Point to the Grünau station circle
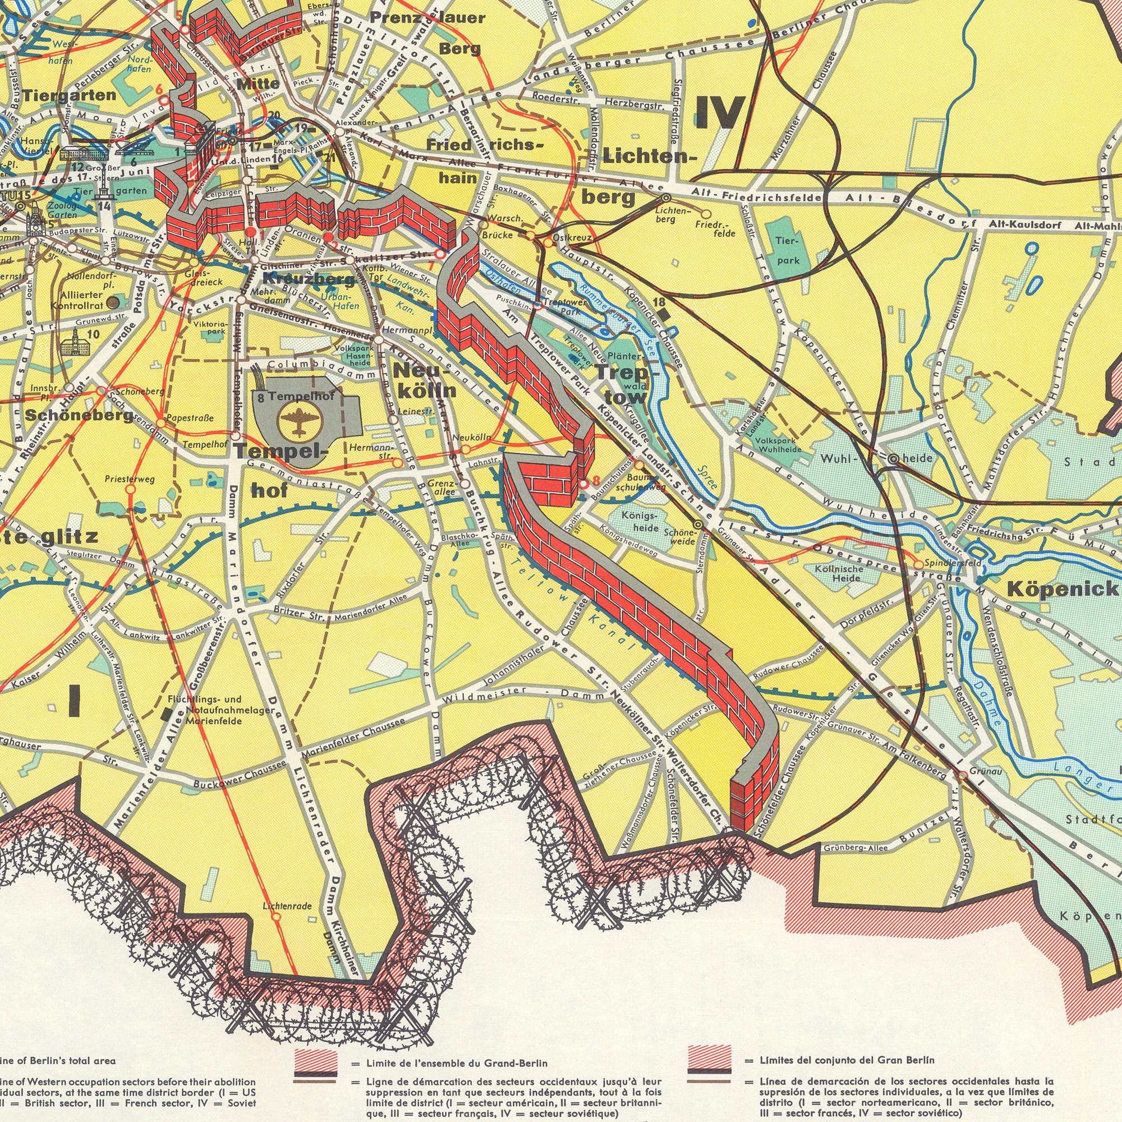tap(962, 775)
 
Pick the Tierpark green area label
tap(788, 251)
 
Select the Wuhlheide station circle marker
tap(893, 459)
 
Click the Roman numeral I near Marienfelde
tap(75, 698)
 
